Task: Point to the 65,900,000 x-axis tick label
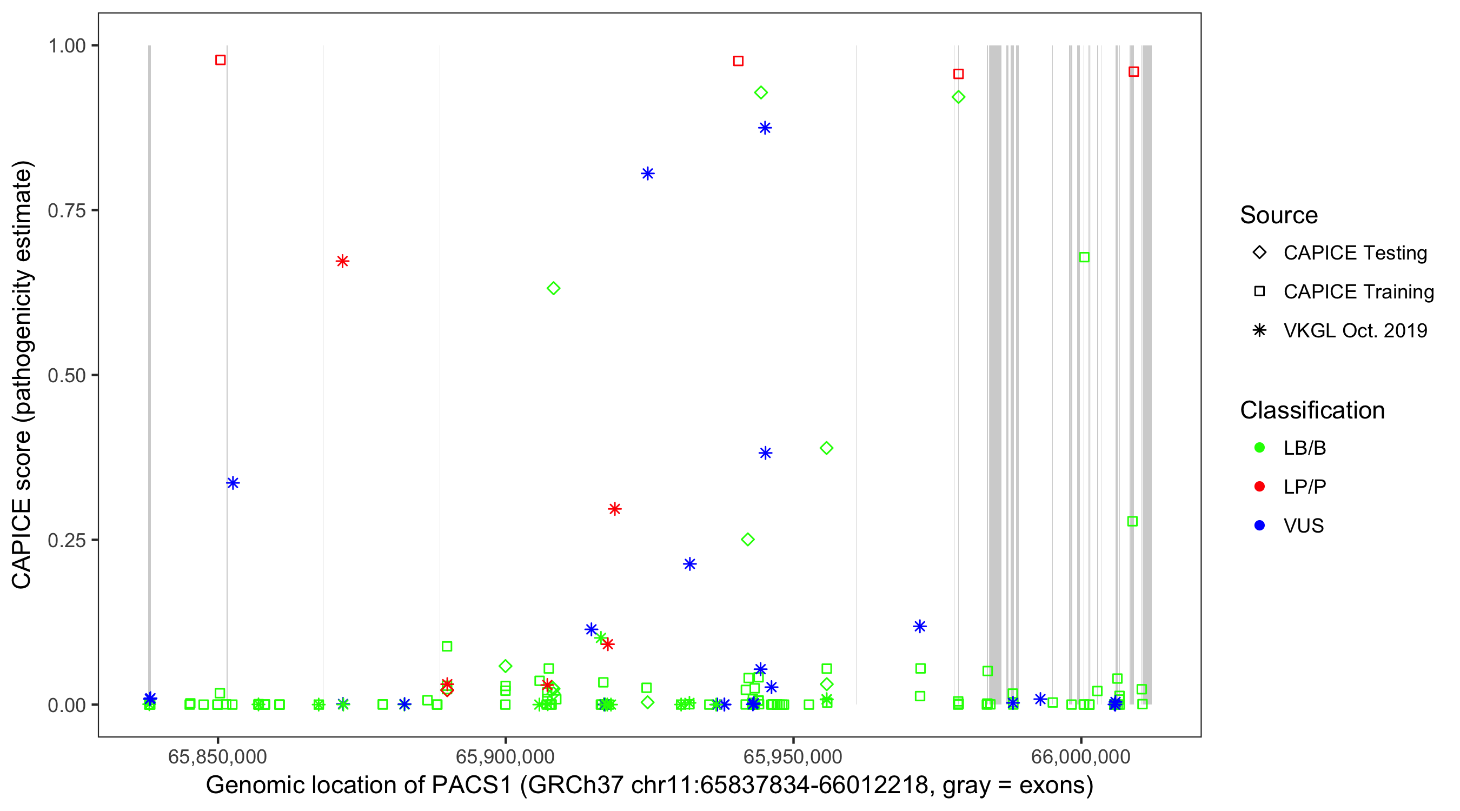[505, 756]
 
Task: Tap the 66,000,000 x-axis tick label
[1080, 756]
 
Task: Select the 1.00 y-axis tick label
[67, 46]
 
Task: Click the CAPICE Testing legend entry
[1355, 253]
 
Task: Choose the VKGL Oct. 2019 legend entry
[1355, 330]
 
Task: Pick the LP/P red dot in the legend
[1259, 487]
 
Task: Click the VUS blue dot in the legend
[1259, 526]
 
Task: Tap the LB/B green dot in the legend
[1259, 448]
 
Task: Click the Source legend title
[1279, 215]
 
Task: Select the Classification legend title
[1312, 410]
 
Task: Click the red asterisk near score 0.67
[342, 261]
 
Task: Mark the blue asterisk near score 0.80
[647, 174]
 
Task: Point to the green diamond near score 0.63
[553, 289]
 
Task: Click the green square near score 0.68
[1084, 257]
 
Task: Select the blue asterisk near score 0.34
[233, 483]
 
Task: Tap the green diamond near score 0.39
[826, 448]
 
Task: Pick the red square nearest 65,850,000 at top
[221, 60]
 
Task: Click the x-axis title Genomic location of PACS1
[649, 786]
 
